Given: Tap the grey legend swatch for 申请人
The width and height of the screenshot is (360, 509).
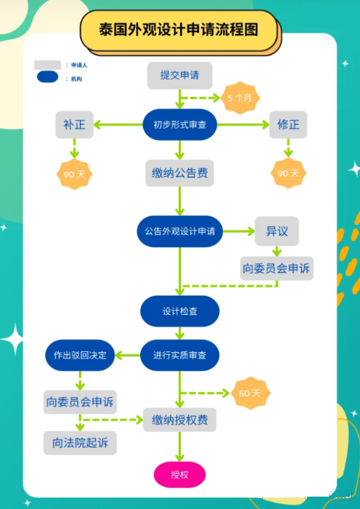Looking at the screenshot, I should pyautogui.click(x=48, y=65).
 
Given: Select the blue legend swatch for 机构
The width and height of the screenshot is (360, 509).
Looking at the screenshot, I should pyautogui.click(x=48, y=78).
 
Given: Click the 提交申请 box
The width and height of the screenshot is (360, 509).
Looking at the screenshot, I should pyautogui.click(x=180, y=75).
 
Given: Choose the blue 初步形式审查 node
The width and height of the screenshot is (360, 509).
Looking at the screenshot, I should pyautogui.click(x=180, y=124).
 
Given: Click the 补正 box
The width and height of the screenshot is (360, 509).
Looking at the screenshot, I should pyautogui.click(x=74, y=124).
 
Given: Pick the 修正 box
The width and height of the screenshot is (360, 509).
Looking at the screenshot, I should pyautogui.click(x=288, y=124).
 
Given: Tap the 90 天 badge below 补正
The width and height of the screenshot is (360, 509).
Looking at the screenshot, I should pyautogui.click(x=74, y=174).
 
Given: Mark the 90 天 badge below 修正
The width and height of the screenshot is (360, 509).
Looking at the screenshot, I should pyautogui.click(x=288, y=173).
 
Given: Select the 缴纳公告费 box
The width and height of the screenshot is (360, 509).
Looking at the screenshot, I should pyautogui.click(x=180, y=173).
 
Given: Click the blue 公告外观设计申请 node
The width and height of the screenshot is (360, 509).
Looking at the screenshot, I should pyautogui.click(x=180, y=231).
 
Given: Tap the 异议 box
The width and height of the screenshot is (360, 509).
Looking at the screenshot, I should pyautogui.click(x=277, y=231).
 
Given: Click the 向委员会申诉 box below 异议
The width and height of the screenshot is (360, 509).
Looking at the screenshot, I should pyautogui.click(x=277, y=268).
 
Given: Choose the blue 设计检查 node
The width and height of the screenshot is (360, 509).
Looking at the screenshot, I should pyautogui.click(x=180, y=312).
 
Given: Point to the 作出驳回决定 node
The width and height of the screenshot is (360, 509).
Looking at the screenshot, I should pyautogui.click(x=80, y=355).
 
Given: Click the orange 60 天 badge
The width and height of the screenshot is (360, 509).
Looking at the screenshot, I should pyautogui.click(x=249, y=393).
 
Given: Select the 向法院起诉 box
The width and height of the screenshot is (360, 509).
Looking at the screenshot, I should pyautogui.click(x=80, y=443).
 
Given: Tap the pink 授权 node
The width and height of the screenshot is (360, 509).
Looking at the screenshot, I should pyautogui.click(x=180, y=474).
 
